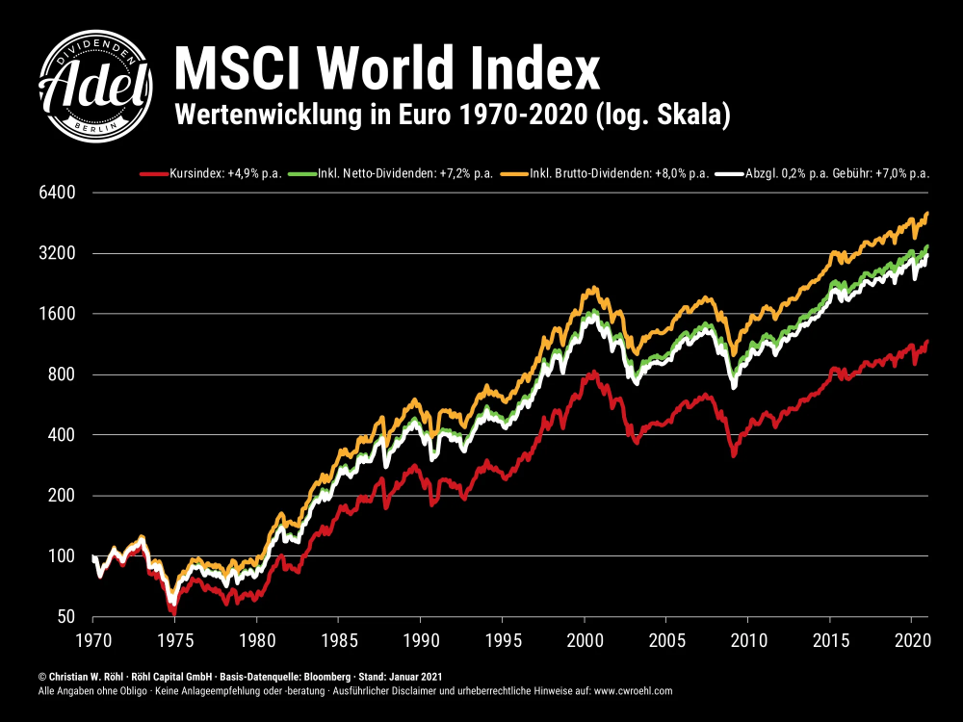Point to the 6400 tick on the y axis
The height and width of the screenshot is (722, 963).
[x=56, y=193]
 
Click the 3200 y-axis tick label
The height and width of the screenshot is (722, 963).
[x=56, y=253]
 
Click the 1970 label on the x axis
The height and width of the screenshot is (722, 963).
[x=92, y=639]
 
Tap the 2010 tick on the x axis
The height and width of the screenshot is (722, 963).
[x=748, y=639]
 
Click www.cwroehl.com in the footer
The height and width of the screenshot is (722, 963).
[x=633, y=691]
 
